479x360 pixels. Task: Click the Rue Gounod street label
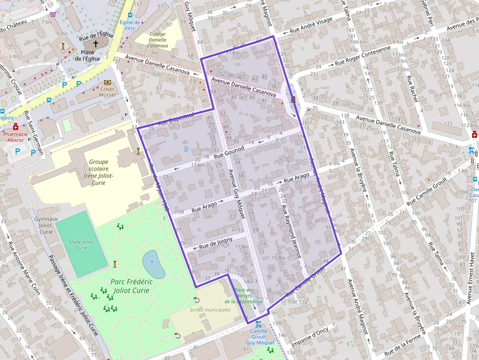(x=229, y=152)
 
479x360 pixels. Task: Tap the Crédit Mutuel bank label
(x=107, y=92)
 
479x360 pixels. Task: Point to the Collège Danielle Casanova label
(x=157, y=40)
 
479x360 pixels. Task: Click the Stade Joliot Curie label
(x=82, y=244)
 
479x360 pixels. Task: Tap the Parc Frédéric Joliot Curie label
(x=131, y=286)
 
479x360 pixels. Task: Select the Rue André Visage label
(x=311, y=26)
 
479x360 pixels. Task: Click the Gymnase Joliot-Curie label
(x=46, y=223)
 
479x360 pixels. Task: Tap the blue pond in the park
(x=153, y=264)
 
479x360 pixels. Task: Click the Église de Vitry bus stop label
(x=130, y=25)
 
